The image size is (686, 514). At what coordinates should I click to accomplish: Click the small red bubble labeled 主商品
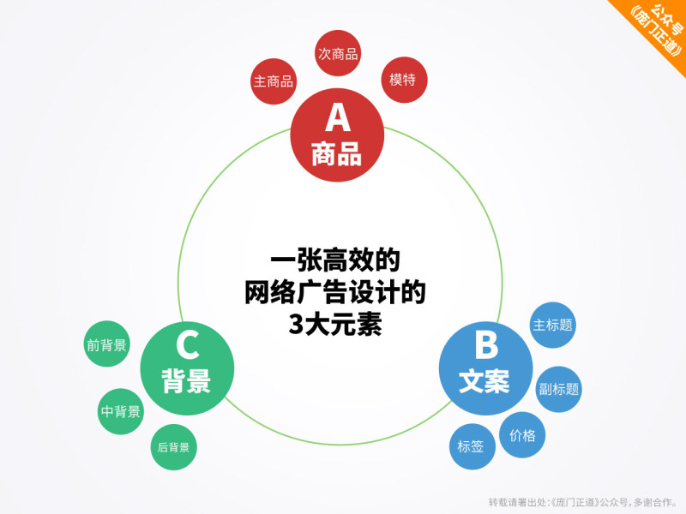(x=274, y=81)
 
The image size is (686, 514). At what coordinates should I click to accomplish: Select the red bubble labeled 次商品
(x=337, y=54)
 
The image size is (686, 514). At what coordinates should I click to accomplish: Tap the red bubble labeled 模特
(x=402, y=80)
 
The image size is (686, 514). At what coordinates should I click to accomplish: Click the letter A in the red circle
(x=335, y=117)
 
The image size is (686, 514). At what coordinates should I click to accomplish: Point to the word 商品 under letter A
(x=335, y=155)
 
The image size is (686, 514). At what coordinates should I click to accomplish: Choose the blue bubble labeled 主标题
(x=553, y=326)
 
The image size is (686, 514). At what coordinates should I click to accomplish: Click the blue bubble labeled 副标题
(x=559, y=388)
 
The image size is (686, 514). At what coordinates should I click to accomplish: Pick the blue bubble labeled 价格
(x=522, y=435)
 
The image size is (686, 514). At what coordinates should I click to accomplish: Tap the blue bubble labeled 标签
(x=471, y=446)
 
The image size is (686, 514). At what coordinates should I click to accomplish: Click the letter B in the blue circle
(x=485, y=345)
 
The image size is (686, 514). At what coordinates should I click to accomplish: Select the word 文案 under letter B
(x=484, y=382)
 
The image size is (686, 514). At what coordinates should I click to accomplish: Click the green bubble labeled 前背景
(x=107, y=345)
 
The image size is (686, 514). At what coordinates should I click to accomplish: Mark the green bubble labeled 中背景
(x=120, y=411)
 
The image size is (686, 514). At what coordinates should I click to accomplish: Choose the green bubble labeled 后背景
(x=174, y=447)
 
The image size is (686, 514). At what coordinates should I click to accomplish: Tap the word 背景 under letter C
(x=186, y=382)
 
